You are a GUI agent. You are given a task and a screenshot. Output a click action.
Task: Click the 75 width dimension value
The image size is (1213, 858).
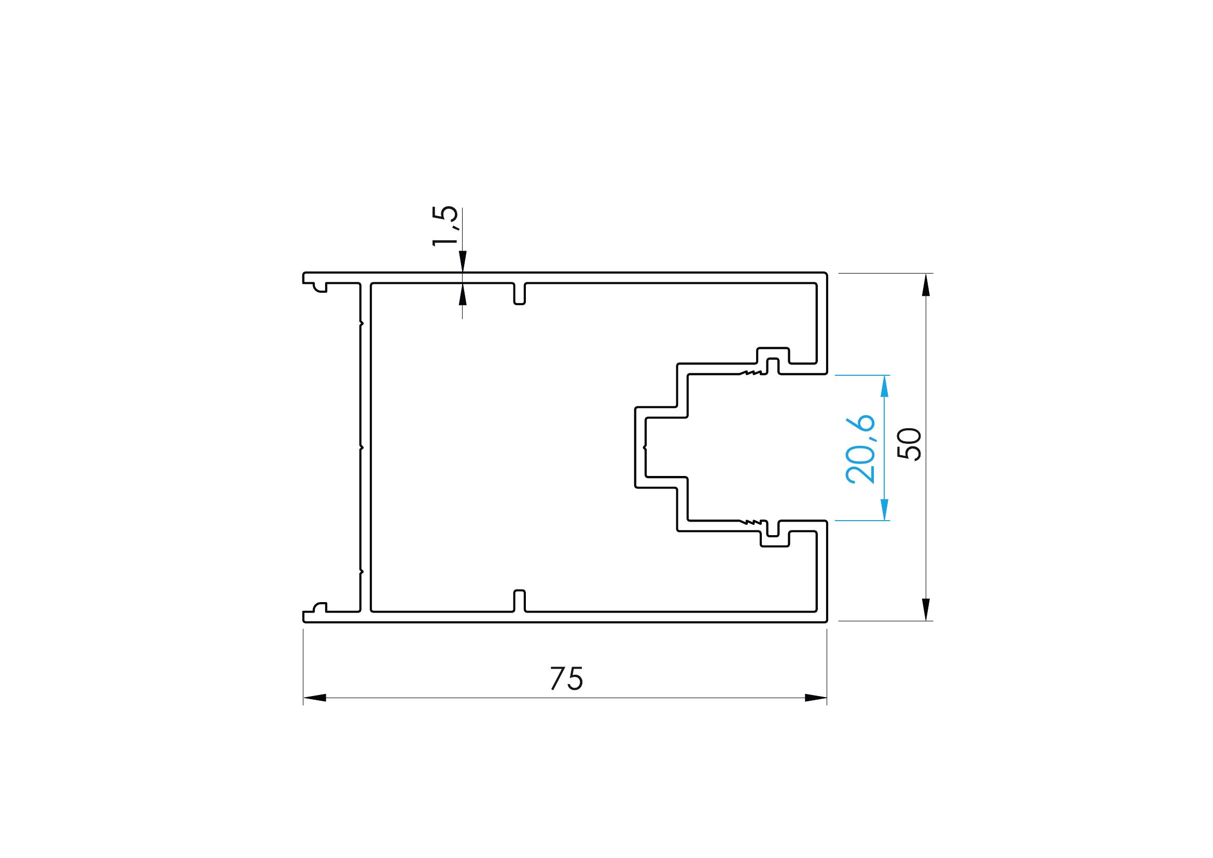pyautogui.click(x=566, y=679)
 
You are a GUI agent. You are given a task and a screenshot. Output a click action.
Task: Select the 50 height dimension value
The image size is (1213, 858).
pyautogui.click(x=910, y=445)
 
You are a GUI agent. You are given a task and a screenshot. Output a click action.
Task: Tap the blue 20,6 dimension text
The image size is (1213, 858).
pyautogui.click(x=860, y=450)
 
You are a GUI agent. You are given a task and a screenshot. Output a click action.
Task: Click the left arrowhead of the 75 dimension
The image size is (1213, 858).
pyautogui.click(x=314, y=698)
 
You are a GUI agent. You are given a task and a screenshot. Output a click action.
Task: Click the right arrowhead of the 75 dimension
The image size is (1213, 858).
pyautogui.click(x=816, y=698)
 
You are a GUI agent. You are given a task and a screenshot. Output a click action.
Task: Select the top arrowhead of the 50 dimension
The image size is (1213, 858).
pyautogui.click(x=925, y=285)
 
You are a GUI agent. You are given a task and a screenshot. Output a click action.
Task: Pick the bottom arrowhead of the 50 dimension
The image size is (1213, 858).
pyautogui.click(x=925, y=609)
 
